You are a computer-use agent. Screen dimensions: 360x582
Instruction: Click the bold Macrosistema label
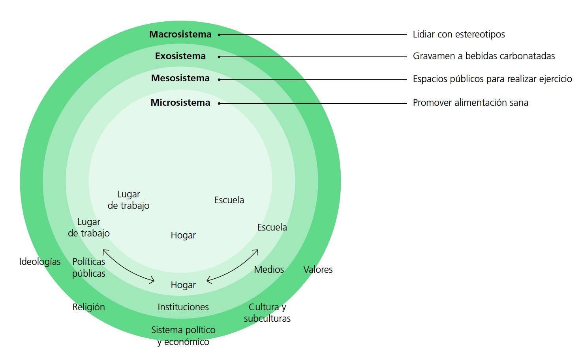tap(180, 34)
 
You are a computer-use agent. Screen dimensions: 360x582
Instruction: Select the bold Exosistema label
tap(180, 56)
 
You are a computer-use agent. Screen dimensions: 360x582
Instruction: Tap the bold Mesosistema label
tap(180, 78)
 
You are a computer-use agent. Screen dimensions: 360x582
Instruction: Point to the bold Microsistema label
tap(180, 103)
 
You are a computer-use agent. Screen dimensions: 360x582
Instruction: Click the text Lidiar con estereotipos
tap(459, 34)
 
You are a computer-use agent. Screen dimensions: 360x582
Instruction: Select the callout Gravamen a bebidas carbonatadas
tap(484, 56)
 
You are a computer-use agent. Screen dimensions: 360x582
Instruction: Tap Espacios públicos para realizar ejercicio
tap(492, 79)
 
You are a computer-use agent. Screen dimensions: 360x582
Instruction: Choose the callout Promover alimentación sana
tap(470, 103)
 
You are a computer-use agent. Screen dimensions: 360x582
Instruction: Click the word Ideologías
tap(40, 262)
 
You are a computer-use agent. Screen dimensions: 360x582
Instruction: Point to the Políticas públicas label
tap(89, 267)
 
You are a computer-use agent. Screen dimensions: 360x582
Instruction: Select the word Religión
tap(88, 307)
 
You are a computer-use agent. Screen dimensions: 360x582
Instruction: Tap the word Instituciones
tap(183, 307)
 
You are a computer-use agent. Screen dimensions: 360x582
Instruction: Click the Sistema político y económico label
tap(183, 336)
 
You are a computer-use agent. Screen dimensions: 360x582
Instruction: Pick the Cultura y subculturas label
tap(267, 313)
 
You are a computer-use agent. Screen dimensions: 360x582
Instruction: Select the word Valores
tap(318, 270)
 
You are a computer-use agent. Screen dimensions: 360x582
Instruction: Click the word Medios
tap(269, 270)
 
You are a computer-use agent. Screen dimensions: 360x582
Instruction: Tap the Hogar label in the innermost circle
tap(183, 235)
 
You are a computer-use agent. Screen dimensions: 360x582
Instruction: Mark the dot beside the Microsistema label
tap(219, 103)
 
